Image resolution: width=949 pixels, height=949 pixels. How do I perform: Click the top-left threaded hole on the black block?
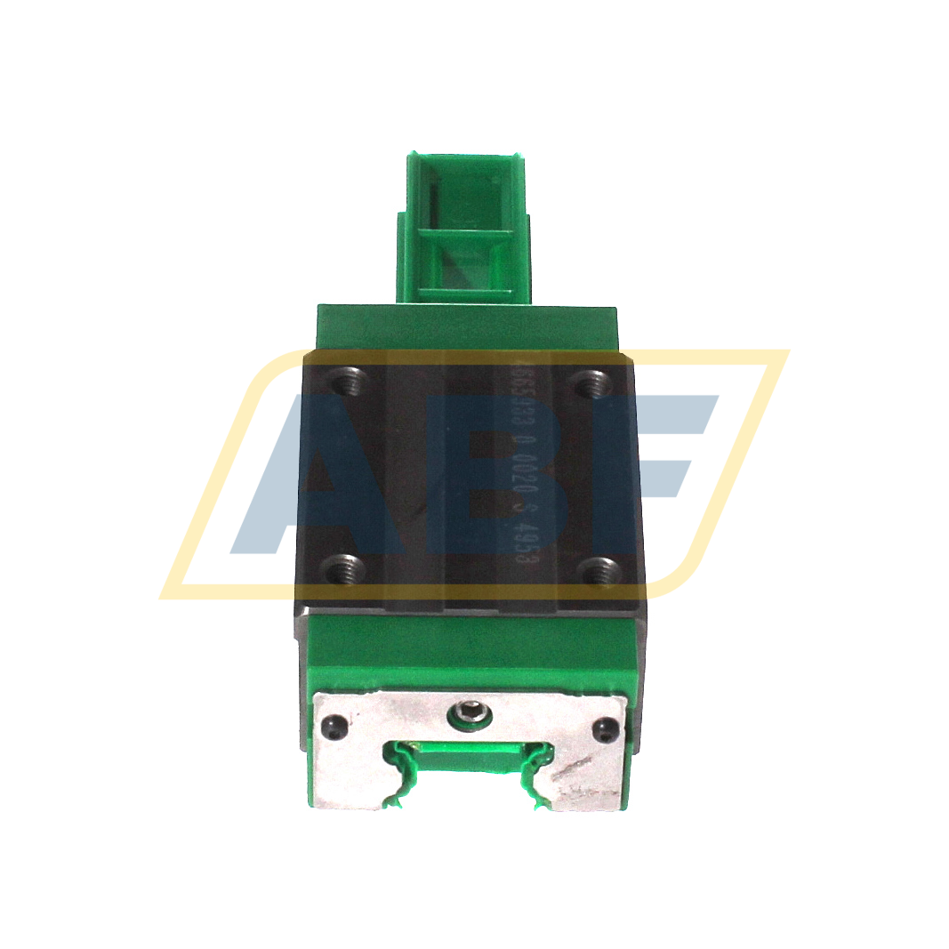pyautogui.click(x=344, y=384)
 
